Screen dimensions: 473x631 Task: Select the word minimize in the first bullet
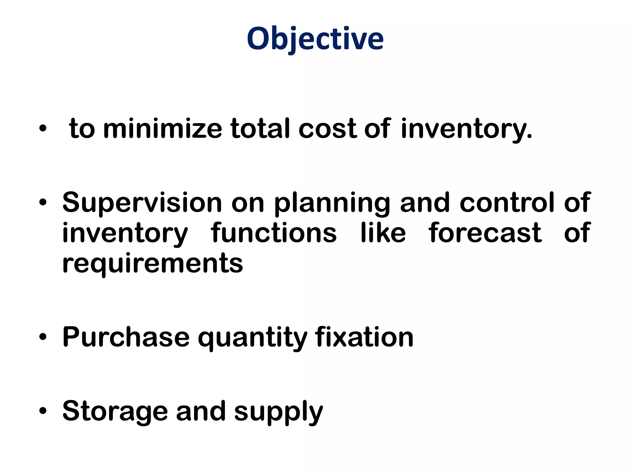point(162,129)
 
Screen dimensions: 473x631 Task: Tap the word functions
point(274,233)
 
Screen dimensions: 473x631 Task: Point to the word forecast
point(485,233)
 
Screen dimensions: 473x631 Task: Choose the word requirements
point(153,264)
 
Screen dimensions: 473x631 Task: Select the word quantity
point(252,338)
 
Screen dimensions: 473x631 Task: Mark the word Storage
point(115,412)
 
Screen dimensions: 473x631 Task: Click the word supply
point(279,412)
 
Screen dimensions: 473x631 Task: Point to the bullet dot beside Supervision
point(43,203)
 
